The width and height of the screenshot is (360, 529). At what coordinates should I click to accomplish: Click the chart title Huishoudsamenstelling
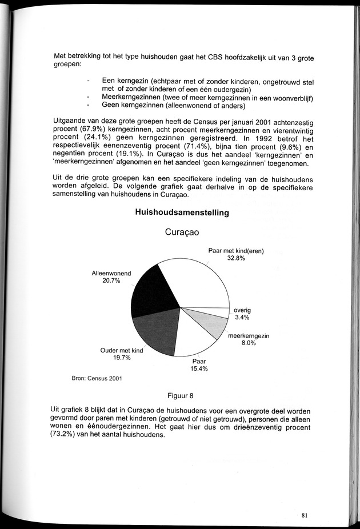[x=182, y=213]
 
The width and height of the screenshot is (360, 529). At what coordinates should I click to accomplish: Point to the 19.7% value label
[x=121, y=358]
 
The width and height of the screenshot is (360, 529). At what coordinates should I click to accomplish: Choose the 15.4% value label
[x=199, y=369]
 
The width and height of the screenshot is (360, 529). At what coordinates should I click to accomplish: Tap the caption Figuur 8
[x=182, y=395]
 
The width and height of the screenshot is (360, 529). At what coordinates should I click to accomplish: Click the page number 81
[x=305, y=515]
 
